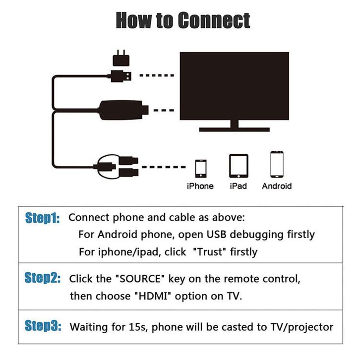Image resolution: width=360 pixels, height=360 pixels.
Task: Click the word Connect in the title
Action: point(214,21)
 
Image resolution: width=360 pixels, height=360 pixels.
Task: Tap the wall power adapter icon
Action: point(121,59)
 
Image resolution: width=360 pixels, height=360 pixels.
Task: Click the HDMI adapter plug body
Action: point(123,110)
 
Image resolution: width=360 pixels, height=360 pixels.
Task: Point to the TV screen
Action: point(235,86)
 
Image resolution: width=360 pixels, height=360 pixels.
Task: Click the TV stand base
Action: point(235,129)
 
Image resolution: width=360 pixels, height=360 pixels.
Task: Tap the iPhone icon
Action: point(201,169)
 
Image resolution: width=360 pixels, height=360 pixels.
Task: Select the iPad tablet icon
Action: point(239,166)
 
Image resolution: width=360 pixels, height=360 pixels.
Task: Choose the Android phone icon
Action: point(277,165)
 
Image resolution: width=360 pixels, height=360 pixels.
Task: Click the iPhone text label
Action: point(200,186)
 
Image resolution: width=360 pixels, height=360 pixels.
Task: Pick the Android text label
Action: point(277,186)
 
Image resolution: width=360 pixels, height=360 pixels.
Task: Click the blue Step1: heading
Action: point(43,218)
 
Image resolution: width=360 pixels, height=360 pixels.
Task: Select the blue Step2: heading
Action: point(43,278)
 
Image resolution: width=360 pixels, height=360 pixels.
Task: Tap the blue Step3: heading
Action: point(43,326)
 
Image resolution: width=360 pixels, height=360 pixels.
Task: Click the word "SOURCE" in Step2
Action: point(140,279)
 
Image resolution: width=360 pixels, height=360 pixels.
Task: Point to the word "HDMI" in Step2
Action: point(153,296)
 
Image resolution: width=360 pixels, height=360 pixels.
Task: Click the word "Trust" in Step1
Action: point(210,251)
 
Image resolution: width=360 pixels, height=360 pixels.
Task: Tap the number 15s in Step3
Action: point(137,327)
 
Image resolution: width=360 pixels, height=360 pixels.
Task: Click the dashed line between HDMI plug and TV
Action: point(164,111)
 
